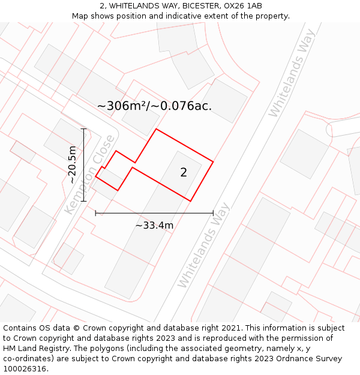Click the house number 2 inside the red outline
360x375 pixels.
point(184,173)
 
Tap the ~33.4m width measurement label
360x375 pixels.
point(154,226)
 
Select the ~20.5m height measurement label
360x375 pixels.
point(72,164)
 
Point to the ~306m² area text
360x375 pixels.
point(122,106)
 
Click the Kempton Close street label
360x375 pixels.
point(89,175)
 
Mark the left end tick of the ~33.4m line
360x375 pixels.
point(95,212)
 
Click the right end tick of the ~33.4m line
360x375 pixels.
point(213,212)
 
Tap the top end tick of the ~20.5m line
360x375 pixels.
point(83,128)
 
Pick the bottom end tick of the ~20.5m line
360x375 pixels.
point(83,202)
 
